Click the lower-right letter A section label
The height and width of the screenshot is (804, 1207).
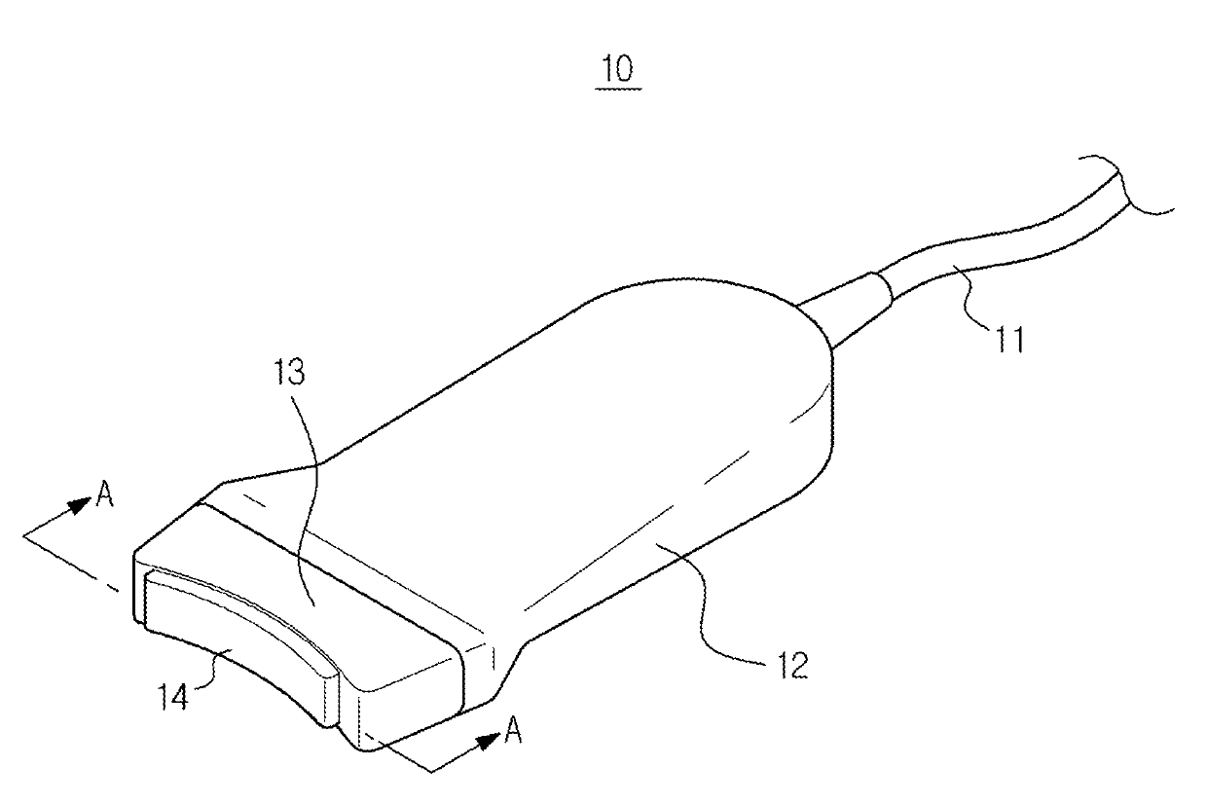click(x=512, y=732)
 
